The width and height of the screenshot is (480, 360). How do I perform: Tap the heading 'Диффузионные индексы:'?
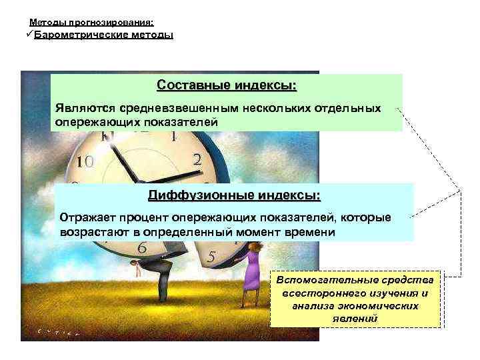[234, 196]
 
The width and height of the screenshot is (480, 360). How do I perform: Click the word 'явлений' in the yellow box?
[355, 318]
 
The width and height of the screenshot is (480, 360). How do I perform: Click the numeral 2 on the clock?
[197, 160]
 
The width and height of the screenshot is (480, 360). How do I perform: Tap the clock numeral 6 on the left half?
[141, 248]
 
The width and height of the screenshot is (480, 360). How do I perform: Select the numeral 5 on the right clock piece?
[211, 256]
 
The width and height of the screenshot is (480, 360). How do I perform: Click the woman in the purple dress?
[251, 267]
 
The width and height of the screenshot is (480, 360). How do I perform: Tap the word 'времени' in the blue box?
[315, 233]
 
